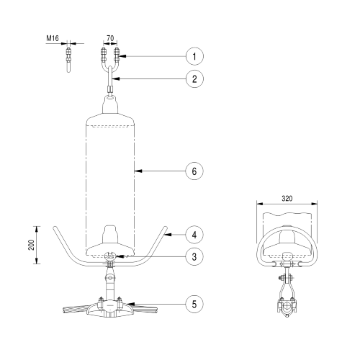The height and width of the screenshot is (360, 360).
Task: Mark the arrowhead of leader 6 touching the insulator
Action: point(137,171)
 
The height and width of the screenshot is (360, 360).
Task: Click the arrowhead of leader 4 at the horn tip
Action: point(164,233)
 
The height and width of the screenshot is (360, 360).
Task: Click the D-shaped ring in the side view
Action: point(287,248)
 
